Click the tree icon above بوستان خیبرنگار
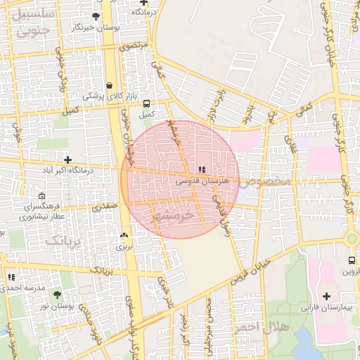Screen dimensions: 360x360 tap(96, 15)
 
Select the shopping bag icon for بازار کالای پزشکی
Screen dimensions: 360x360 tap(110, 85)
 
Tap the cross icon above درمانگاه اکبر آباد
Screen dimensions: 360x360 tap(67, 160)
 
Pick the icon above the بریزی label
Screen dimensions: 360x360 tap(124, 236)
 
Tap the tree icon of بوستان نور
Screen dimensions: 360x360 tap(57, 295)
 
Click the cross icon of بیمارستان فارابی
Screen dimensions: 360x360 tap(327, 295)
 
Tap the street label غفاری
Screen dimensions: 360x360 tap(290, 146)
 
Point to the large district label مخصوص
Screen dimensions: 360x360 tap(266, 181)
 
